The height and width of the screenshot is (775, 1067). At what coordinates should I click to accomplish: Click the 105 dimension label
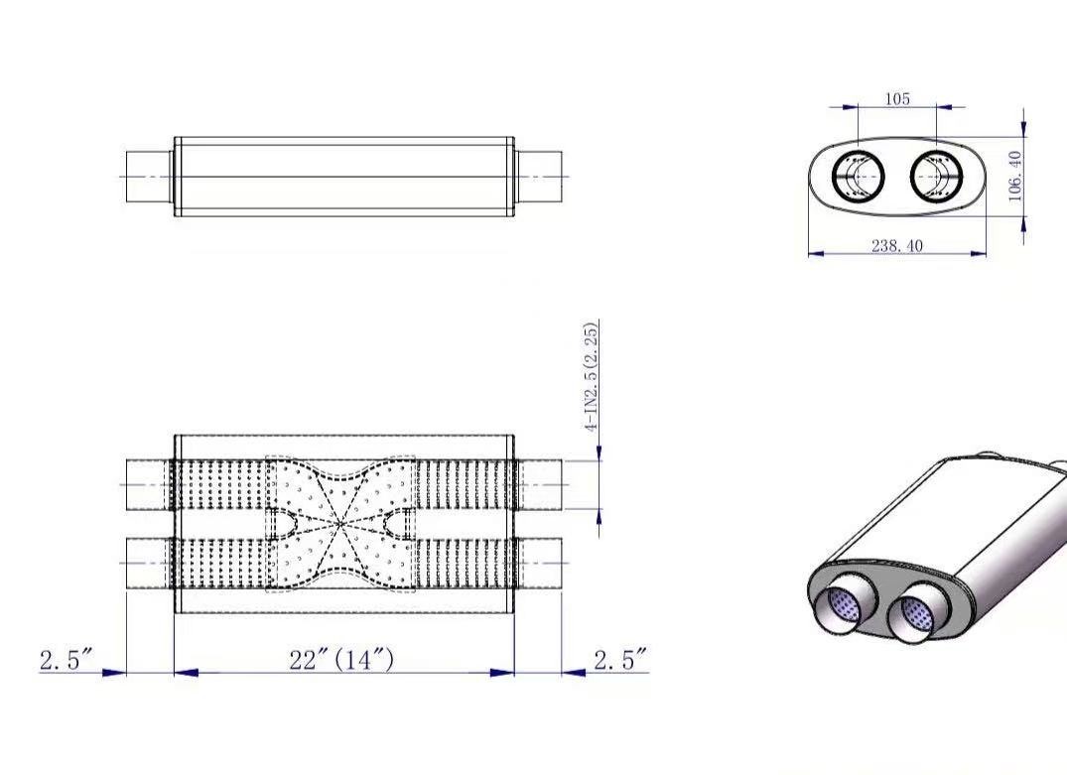click(897, 98)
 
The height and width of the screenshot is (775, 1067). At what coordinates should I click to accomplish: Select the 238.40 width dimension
click(896, 245)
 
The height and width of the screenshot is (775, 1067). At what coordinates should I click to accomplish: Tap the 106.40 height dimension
click(1015, 176)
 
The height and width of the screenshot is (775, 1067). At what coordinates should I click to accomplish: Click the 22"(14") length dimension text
click(341, 659)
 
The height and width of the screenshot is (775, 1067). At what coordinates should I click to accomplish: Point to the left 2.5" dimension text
click(67, 659)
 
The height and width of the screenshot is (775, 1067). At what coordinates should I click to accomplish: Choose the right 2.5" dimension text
click(620, 659)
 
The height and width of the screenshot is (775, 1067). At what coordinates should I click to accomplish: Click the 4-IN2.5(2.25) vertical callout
click(592, 376)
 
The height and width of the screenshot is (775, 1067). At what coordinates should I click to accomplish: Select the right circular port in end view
click(937, 177)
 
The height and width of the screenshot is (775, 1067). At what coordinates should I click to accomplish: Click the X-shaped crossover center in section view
click(340, 522)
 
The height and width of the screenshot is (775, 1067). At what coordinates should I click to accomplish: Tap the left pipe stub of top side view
click(150, 177)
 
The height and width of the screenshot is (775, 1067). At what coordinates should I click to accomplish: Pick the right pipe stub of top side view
click(538, 177)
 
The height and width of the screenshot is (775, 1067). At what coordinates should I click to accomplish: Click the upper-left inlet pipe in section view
click(150, 483)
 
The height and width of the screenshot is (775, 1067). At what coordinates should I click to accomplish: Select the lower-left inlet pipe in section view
click(150, 563)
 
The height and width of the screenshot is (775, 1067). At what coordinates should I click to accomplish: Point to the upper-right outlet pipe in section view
click(538, 483)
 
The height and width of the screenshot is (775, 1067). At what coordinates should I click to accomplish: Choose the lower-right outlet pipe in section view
click(538, 563)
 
